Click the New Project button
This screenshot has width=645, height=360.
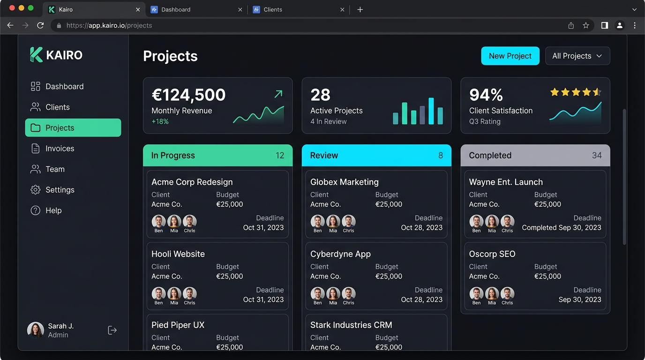pos(510,56)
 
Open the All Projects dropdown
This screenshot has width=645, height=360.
pos(577,56)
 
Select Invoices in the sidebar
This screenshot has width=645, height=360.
pos(60,149)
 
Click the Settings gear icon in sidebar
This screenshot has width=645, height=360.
pos(35,190)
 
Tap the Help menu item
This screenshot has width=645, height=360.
pos(53,210)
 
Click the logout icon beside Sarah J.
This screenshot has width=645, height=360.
pos(112,330)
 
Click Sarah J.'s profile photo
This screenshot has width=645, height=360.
pos(36,330)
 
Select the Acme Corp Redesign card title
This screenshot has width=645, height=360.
pos(192,182)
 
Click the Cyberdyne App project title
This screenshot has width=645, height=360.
pos(340,254)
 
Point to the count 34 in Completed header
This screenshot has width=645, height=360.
pos(597,156)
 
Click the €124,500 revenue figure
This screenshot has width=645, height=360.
pos(188,95)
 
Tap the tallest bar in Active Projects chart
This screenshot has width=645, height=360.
pos(431,111)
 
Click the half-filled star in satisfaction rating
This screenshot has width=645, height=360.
pos(597,92)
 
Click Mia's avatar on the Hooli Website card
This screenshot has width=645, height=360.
pos(174,294)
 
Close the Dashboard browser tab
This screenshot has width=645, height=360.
pos(240,9)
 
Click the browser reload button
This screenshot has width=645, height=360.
pos(40,25)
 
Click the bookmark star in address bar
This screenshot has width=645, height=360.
pos(586,25)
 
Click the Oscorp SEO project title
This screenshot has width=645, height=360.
pos(492,254)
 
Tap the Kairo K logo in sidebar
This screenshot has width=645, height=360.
pos(36,55)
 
